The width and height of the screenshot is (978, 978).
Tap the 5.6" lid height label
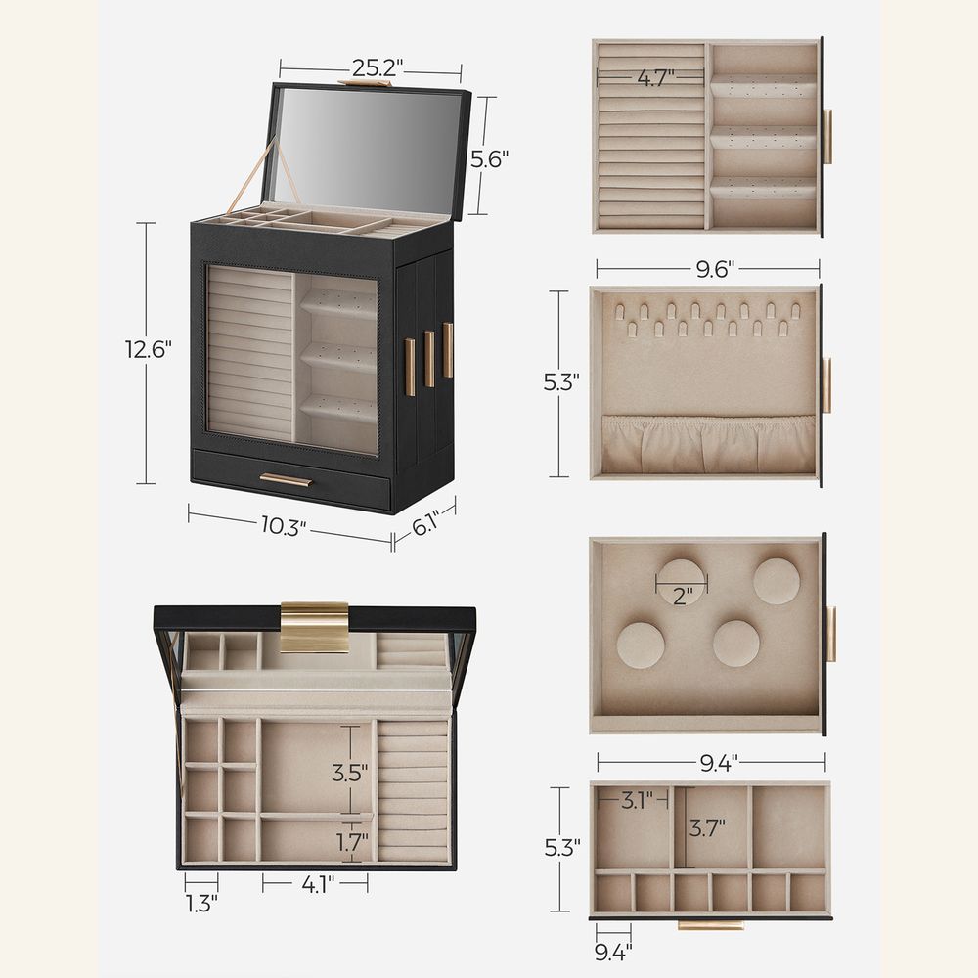click(x=489, y=158)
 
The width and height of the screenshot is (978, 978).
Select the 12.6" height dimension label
click(x=149, y=349)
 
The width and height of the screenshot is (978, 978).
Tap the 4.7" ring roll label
click(x=656, y=78)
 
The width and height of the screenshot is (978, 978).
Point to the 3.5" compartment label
click(x=349, y=773)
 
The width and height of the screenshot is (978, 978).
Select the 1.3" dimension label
click(x=200, y=902)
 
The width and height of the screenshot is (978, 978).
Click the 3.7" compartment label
click(x=706, y=829)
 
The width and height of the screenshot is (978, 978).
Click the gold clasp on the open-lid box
click(x=314, y=627)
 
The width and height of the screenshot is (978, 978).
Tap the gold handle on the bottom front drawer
click(x=286, y=479)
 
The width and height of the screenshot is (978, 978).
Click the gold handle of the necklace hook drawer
click(x=827, y=384)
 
